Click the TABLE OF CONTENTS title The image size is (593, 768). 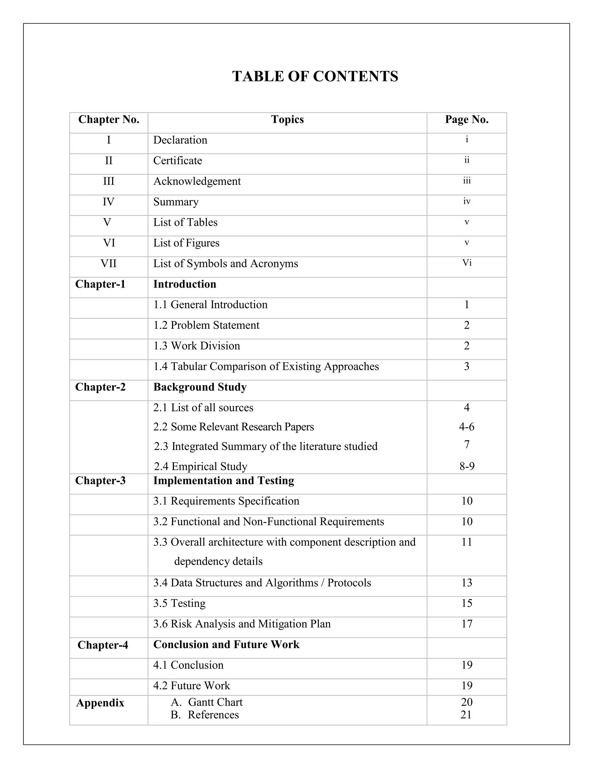[x=315, y=76]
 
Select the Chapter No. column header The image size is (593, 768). [x=109, y=120]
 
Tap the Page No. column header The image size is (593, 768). [x=466, y=120]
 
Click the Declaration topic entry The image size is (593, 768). [x=180, y=140]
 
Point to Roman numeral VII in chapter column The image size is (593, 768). [x=109, y=263]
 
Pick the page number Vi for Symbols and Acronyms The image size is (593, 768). [x=466, y=263]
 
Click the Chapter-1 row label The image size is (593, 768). [x=100, y=284]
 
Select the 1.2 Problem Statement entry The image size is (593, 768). [x=206, y=325]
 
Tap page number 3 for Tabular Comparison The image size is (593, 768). [x=466, y=366]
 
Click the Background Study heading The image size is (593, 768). [x=200, y=387]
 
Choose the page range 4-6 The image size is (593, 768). [x=466, y=427]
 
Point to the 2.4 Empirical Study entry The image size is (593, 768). [x=201, y=466]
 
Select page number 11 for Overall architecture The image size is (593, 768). [x=466, y=542]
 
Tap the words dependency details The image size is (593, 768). [x=218, y=561]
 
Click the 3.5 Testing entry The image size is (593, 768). [x=179, y=603]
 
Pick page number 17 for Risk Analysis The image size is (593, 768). [x=466, y=624]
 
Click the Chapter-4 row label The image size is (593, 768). [x=103, y=645]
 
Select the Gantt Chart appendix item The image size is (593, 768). [x=215, y=702]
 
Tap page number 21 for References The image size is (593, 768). [x=466, y=715]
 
